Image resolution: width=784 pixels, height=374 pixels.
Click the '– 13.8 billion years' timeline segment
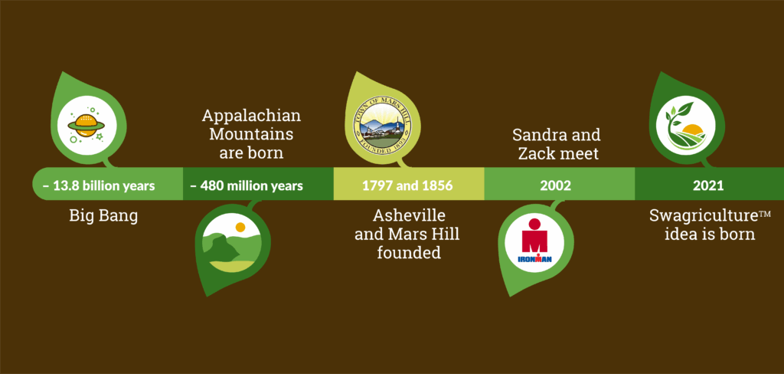pos(107,184)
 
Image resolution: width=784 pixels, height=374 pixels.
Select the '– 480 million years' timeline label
pos(247,185)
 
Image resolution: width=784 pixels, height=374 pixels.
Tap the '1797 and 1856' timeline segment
pos(409,184)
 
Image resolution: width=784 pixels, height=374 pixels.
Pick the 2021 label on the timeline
pos(708,185)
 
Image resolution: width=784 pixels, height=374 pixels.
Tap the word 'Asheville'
pos(409,216)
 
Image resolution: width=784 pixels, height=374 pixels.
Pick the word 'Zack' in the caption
pos(534,153)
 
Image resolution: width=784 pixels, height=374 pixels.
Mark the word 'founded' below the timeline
pos(409,252)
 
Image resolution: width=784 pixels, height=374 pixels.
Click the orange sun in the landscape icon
pos(240,227)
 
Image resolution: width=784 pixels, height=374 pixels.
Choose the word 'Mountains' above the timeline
pos(251,135)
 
